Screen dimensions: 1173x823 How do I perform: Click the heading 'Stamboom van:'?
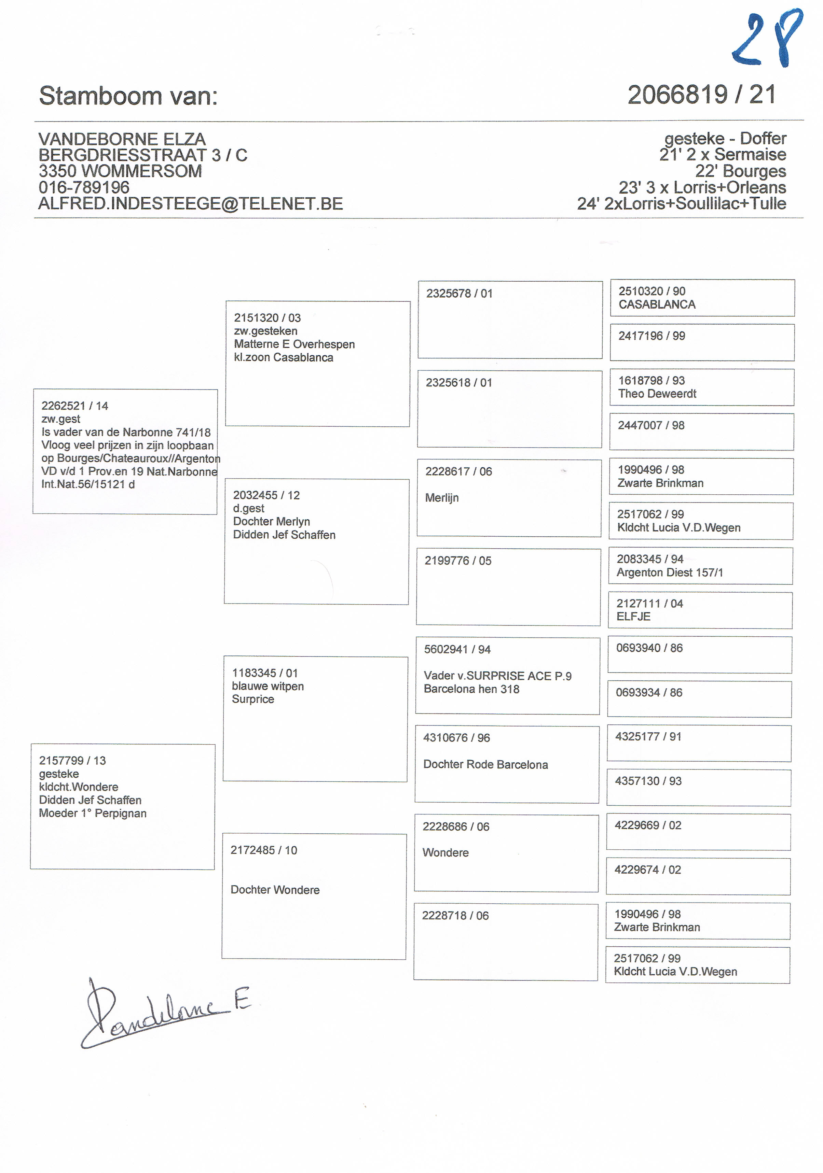[x=128, y=96]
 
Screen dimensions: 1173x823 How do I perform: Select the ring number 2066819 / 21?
[x=701, y=95]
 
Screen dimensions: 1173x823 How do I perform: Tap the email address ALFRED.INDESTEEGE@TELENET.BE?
[x=190, y=204]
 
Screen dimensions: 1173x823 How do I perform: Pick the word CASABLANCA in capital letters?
[x=657, y=305]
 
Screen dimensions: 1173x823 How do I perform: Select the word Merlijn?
[x=442, y=498]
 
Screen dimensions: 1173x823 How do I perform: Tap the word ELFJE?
[x=633, y=617]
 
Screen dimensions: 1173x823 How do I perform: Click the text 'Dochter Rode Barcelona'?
[x=485, y=765]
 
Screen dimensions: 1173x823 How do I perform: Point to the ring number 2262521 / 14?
[x=74, y=406]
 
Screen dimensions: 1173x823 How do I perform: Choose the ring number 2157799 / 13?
[x=72, y=761]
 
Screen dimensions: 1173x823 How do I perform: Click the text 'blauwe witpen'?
[x=268, y=686]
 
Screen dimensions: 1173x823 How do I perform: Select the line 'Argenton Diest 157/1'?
[x=670, y=573]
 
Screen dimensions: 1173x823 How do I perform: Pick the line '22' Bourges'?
[x=740, y=171]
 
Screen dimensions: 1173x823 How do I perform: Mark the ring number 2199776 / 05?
[x=457, y=561]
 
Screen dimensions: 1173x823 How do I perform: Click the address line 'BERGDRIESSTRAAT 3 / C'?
[x=142, y=155]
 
